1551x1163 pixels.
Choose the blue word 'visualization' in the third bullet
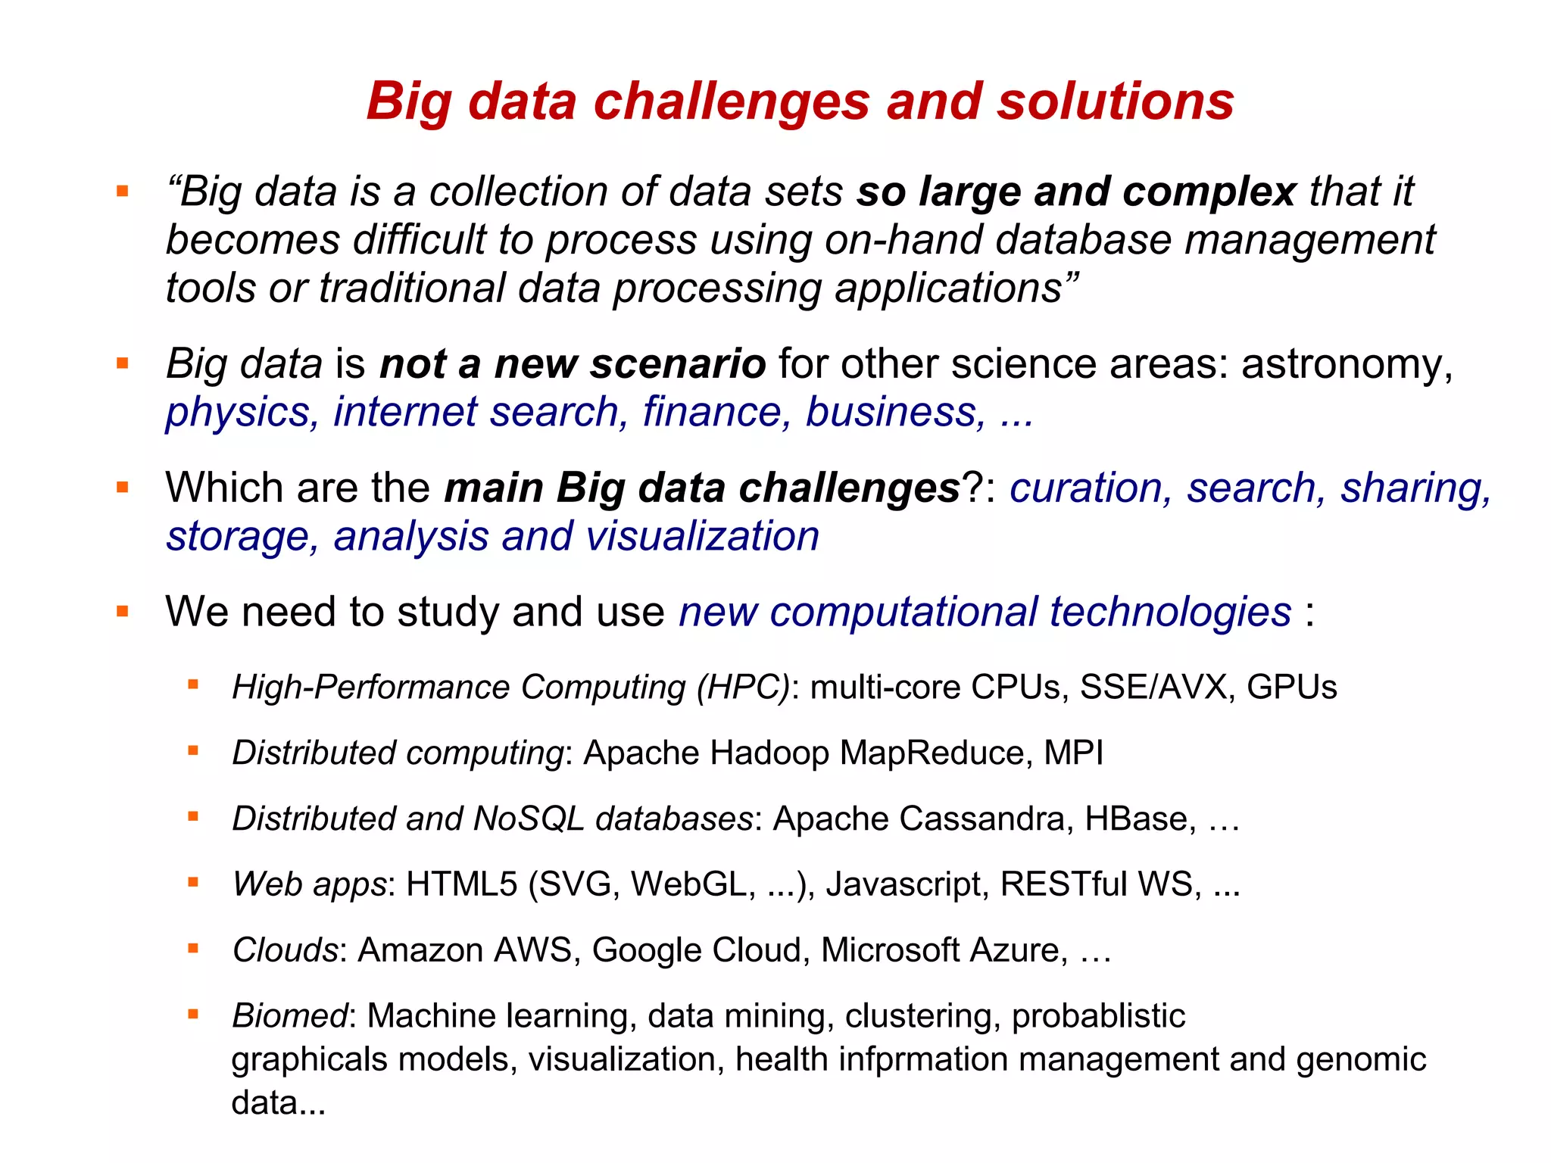click(x=702, y=536)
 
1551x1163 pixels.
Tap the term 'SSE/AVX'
click(x=1156, y=688)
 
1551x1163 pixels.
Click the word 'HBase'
click(x=1139, y=819)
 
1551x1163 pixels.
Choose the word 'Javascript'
click(x=907, y=884)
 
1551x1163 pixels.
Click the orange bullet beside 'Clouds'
click(x=193, y=948)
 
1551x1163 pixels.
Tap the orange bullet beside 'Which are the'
click(x=123, y=487)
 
